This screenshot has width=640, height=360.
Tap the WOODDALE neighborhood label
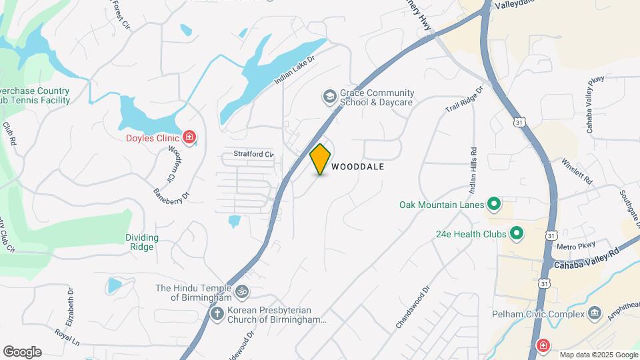(x=358, y=167)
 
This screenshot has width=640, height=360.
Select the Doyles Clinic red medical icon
(x=190, y=137)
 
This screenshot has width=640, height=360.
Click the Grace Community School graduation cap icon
(x=329, y=97)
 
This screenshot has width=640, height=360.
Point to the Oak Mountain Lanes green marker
(x=494, y=204)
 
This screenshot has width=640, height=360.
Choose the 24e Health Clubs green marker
(x=516, y=233)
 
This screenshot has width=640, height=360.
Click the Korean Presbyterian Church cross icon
(x=217, y=313)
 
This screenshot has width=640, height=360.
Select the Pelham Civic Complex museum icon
(x=595, y=313)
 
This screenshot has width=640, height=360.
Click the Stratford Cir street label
(x=253, y=154)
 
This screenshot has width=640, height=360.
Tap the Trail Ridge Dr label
(x=464, y=99)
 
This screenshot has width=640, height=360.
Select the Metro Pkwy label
(x=571, y=247)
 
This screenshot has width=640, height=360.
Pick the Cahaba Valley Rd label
(x=587, y=259)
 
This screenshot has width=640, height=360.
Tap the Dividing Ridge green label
(x=142, y=242)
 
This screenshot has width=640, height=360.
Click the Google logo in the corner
(x=22, y=352)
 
